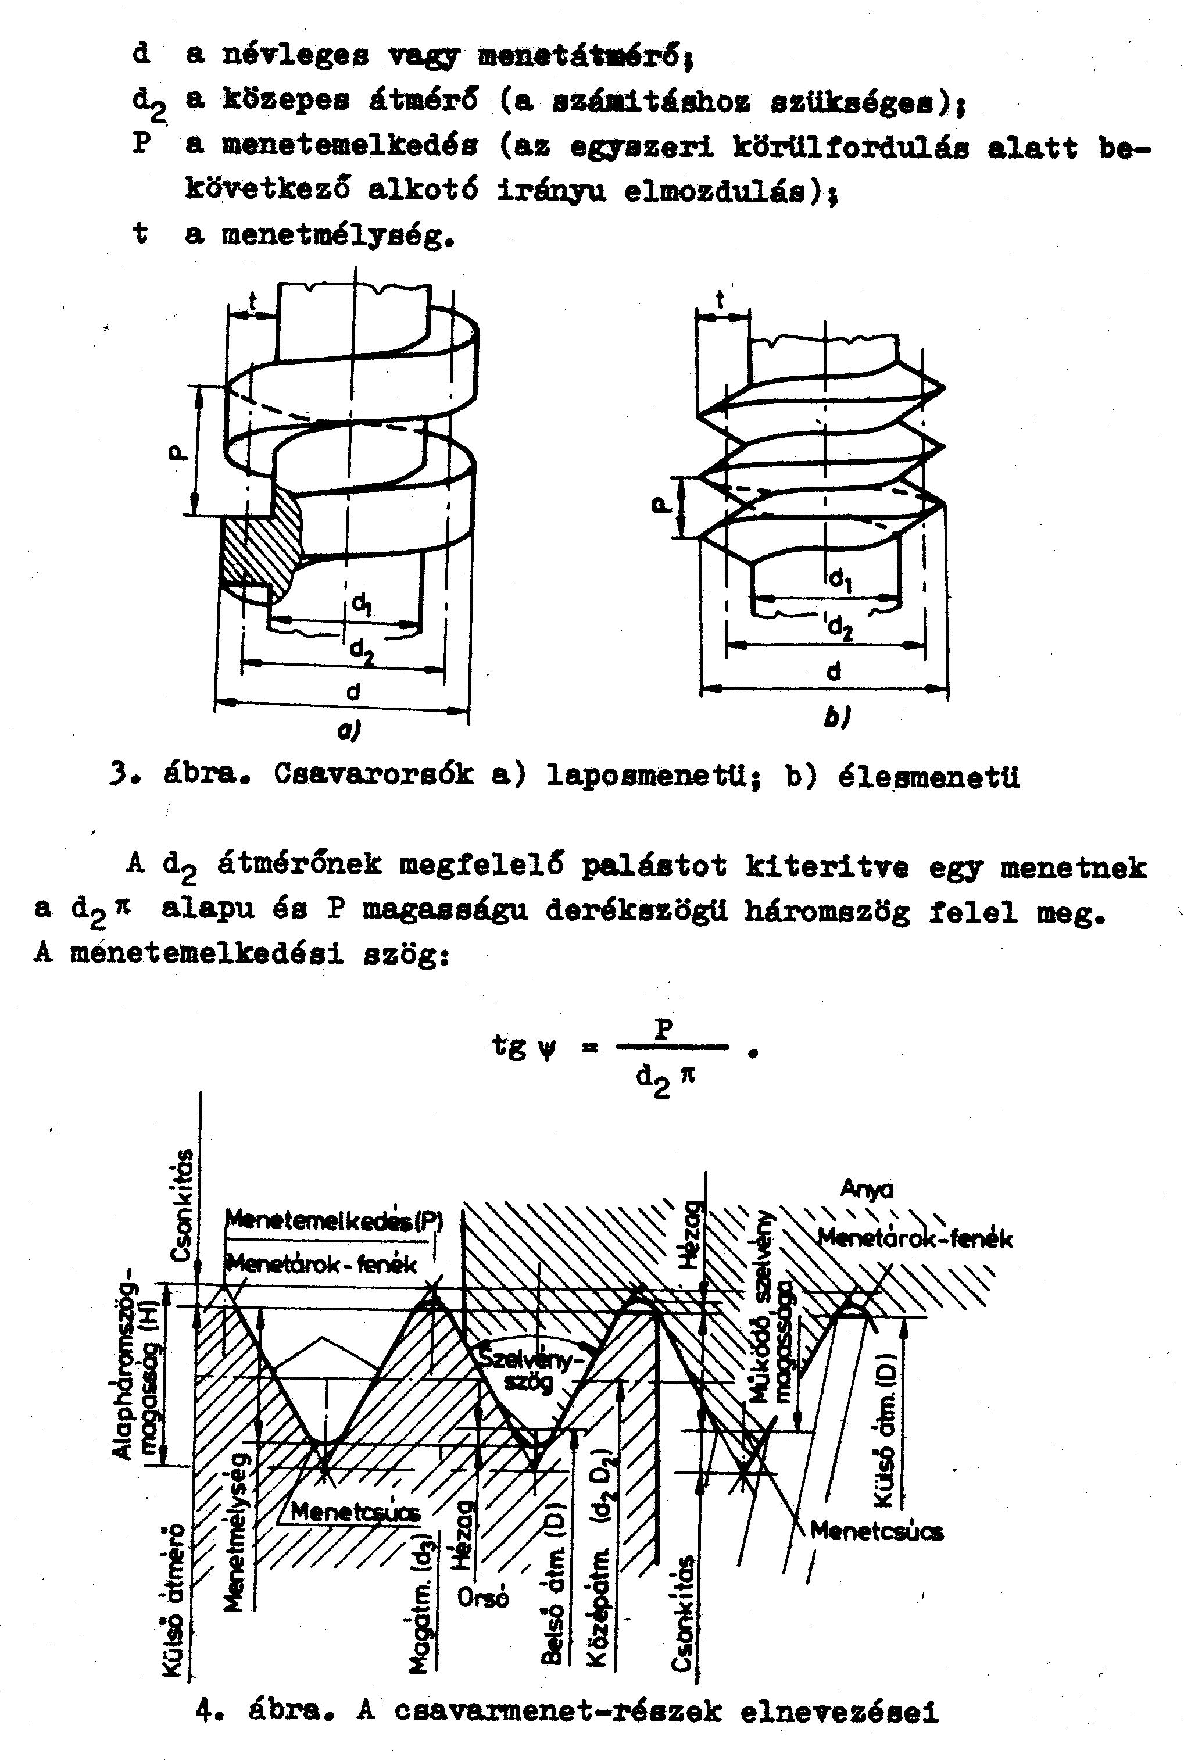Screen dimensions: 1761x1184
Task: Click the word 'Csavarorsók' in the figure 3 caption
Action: pos(374,776)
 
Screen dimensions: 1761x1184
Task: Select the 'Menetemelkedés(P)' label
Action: pos(335,1220)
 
